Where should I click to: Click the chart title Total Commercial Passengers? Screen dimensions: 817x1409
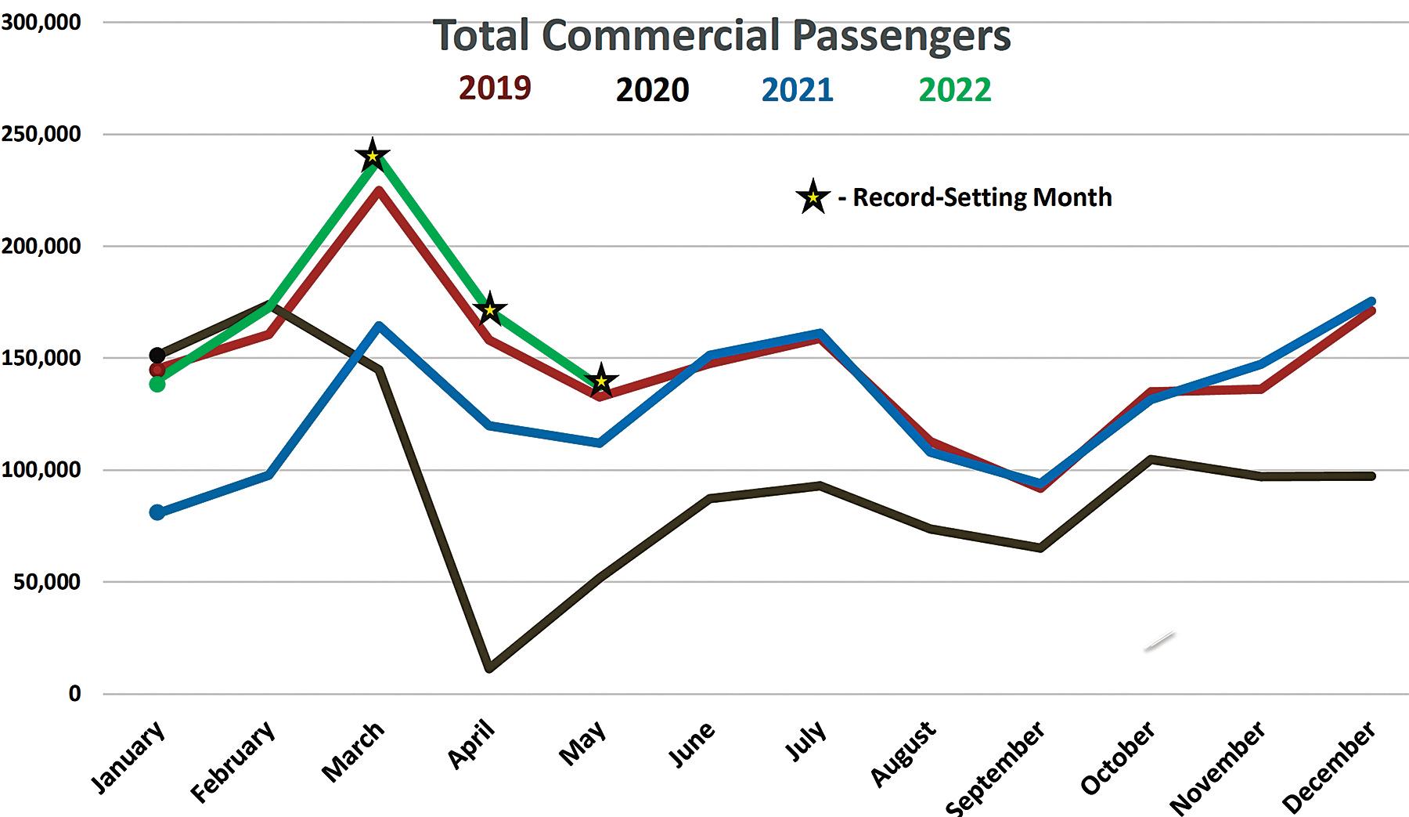(x=721, y=35)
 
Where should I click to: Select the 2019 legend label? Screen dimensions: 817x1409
(x=495, y=88)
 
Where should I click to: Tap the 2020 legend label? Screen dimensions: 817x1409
(x=652, y=90)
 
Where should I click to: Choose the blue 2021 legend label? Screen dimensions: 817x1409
(x=798, y=90)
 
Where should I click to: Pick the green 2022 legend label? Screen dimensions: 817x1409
(x=954, y=90)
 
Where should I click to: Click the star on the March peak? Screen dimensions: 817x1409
(x=373, y=155)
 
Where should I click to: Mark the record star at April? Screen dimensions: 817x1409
(x=490, y=310)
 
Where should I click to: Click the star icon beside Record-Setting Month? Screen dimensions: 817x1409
(x=813, y=197)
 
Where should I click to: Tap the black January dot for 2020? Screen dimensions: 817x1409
(x=157, y=356)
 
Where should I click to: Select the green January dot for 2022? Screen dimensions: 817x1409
(x=157, y=384)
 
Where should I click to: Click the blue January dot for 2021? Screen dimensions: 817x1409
(x=157, y=512)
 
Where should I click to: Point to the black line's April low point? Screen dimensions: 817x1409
(x=490, y=668)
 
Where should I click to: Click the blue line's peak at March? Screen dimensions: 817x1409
(x=379, y=325)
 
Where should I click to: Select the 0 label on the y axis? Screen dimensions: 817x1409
(x=74, y=694)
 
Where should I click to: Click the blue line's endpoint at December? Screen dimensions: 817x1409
(x=1371, y=302)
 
